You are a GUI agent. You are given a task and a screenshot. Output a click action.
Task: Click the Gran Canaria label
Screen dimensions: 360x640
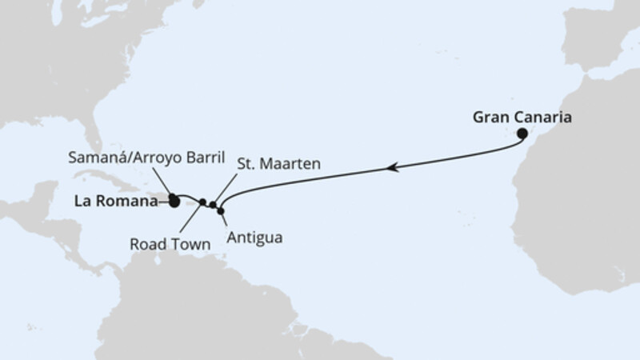click(522, 117)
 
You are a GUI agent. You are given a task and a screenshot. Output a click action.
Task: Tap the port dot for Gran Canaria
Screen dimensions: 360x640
click(522, 134)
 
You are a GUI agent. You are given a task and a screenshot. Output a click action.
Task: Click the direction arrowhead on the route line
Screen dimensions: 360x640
click(393, 167)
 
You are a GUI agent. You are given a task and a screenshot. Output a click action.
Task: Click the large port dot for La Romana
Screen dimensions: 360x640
click(174, 202)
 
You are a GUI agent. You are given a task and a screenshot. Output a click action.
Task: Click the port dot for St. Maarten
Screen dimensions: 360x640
click(213, 205)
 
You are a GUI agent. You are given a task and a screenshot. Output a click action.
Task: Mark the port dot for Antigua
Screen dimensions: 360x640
click(222, 210)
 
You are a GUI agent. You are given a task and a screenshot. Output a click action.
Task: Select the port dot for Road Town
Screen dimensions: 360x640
click(202, 202)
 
